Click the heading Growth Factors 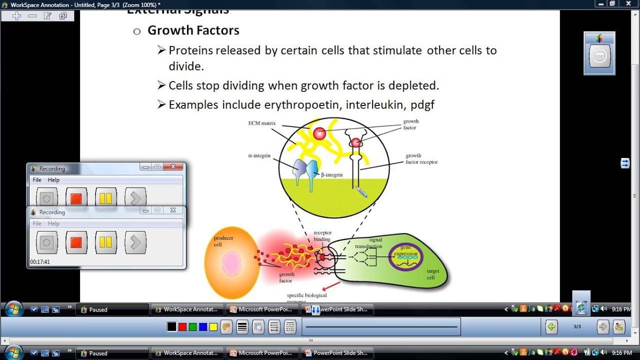[x=193, y=30]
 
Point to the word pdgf [x=422, y=105]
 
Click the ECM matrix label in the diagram [x=262, y=123]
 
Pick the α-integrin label [x=259, y=155]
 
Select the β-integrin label [x=331, y=175]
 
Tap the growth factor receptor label [x=421, y=159]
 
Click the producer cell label [x=223, y=241]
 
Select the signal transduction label [x=368, y=243]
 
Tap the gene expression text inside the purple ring [x=405, y=251]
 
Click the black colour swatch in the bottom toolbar [x=171, y=327]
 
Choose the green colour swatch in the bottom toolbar [x=192, y=327]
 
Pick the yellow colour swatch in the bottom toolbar [x=213, y=327]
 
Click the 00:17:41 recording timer [x=40, y=262]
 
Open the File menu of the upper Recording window [x=37, y=180]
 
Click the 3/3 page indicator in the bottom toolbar [x=577, y=326]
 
